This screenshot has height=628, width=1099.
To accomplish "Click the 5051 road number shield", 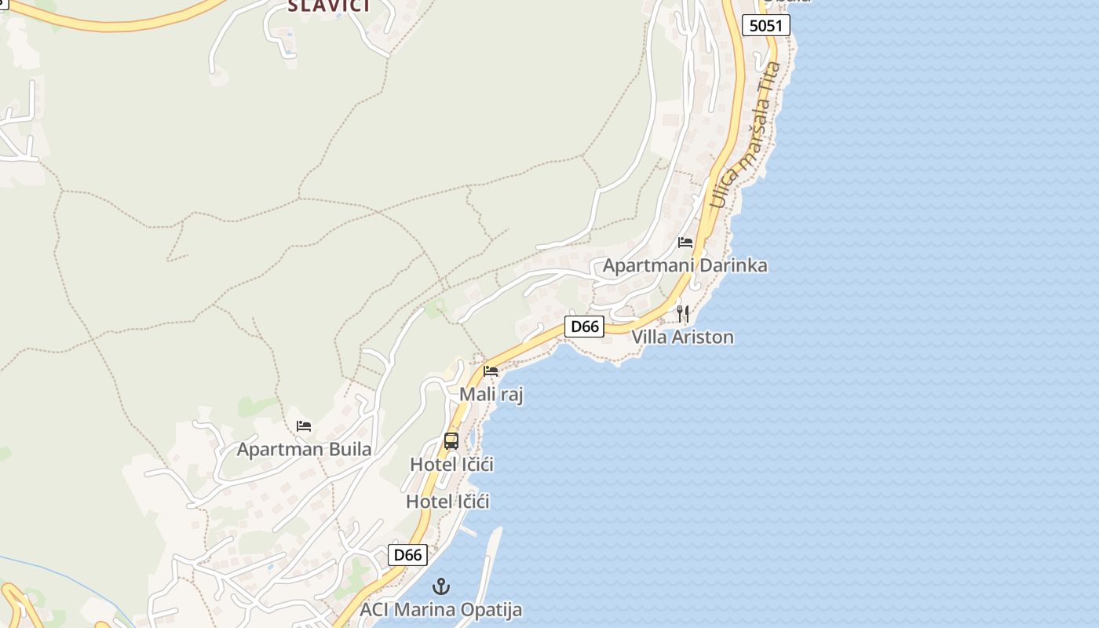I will tap(765, 25).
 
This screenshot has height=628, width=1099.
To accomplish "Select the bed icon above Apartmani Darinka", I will tap(685, 242).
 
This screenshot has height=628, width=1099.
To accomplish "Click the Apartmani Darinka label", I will tap(685, 265).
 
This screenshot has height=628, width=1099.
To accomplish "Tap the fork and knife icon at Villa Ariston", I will tap(683, 314).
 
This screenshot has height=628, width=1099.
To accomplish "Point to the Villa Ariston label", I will tap(683, 338).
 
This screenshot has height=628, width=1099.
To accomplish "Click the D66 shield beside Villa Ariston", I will tap(584, 327).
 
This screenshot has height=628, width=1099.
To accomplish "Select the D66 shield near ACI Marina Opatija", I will tap(407, 555).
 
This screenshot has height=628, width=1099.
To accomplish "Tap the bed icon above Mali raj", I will tap(491, 371).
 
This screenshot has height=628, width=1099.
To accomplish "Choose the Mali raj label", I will tap(491, 394).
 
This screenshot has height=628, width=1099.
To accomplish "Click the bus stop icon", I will tap(451, 441).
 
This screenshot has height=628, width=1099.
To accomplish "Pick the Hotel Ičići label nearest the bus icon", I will tap(451, 465).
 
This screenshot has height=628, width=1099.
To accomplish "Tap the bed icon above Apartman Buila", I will tap(304, 426).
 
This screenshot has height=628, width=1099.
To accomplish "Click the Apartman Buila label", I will tap(304, 450).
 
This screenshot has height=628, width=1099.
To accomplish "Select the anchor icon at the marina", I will tap(441, 586).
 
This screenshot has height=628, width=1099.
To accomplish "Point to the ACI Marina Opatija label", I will tap(440, 610).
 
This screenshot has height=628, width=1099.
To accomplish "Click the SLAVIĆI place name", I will tap(327, 6).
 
